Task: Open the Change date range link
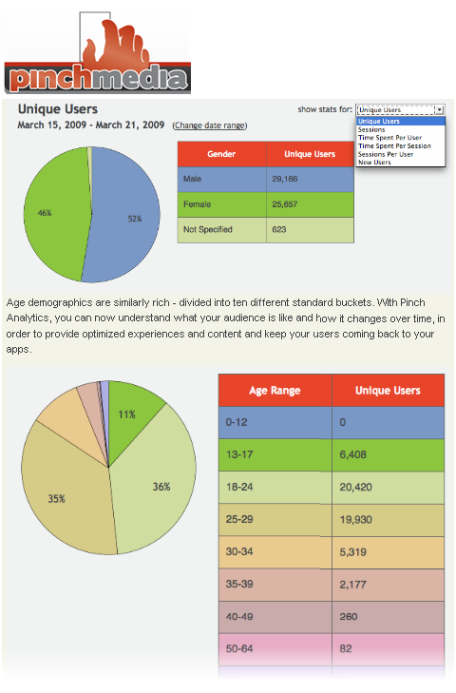pos(210,125)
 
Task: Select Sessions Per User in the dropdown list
pos(386,154)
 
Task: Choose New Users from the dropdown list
pos(374,163)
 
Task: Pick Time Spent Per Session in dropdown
pos(394,145)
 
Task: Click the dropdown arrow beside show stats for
pos(439,109)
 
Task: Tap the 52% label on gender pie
pos(135,219)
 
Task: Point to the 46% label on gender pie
pos(45,213)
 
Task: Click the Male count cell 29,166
pos(311,179)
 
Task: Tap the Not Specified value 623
pos(311,229)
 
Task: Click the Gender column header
pos(221,154)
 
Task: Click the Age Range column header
pos(275,391)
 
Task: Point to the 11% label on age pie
pos(126,414)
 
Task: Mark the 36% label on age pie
pos(161,487)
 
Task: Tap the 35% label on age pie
pos(57,498)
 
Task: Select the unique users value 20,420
pos(388,487)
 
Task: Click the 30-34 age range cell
pos(275,551)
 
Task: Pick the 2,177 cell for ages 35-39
pos(388,585)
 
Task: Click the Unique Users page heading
pos(57,109)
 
